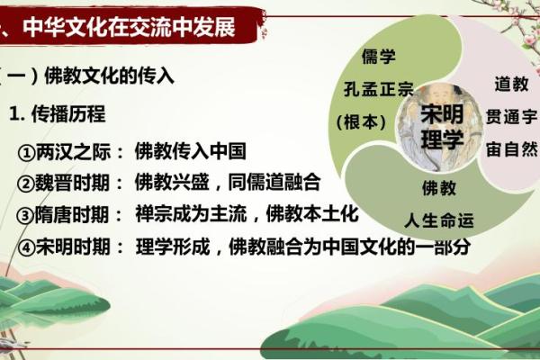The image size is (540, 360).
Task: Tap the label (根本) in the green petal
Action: (x=360, y=121)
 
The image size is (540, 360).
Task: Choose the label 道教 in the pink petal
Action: (x=509, y=83)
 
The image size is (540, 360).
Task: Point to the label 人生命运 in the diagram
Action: (x=438, y=220)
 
